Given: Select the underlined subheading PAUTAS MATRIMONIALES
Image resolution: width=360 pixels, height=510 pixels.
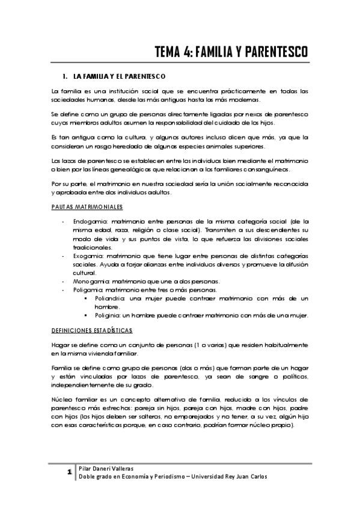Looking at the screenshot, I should [x=87, y=207].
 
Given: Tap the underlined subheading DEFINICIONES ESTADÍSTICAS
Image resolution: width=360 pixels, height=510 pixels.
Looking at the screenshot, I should [x=93, y=331].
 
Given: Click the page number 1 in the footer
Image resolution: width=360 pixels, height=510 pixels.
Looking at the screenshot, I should [x=70, y=471].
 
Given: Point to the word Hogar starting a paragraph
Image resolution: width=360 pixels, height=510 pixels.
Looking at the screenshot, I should [x=60, y=346].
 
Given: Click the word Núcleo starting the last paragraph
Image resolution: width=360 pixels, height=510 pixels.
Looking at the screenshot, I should [x=62, y=399].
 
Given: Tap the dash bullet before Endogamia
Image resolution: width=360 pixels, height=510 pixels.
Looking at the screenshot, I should [x=64, y=222].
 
